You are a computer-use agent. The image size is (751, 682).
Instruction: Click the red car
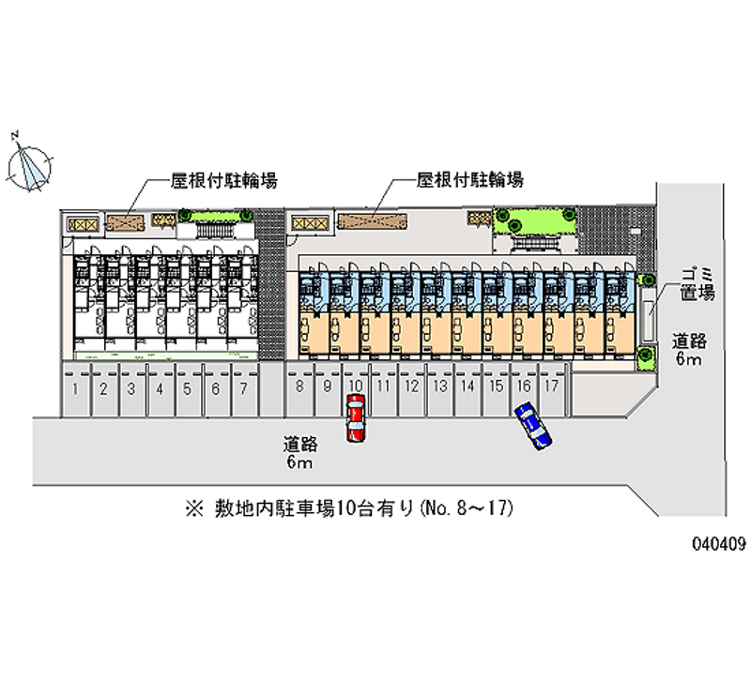(356, 418)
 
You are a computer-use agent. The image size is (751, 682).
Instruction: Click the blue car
(533, 426)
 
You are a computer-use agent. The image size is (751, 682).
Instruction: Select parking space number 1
(76, 389)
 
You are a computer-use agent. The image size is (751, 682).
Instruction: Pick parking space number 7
(243, 389)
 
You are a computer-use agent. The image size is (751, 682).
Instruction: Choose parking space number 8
(299, 389)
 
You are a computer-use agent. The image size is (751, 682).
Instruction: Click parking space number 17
(551, 389)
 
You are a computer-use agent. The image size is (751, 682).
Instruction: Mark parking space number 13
(438, 389)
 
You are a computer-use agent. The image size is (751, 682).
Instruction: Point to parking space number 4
(160, 389)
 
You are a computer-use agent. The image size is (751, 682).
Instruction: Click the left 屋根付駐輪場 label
(222, 178)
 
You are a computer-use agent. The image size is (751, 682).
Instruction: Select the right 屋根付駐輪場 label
(469, 178)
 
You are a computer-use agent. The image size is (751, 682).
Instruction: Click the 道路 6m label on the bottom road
(299, 451)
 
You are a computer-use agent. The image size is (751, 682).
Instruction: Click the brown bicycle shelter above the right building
(373, 221)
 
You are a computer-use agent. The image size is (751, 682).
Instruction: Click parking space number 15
(495, 389)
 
